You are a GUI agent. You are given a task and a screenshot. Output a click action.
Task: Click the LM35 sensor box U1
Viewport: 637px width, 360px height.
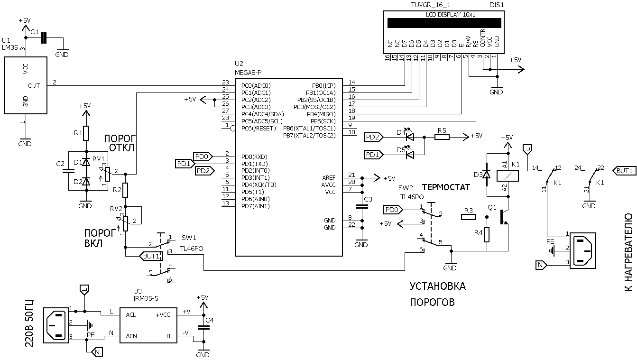point(25,85)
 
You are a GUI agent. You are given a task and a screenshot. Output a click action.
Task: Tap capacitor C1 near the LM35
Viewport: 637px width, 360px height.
point(44,37)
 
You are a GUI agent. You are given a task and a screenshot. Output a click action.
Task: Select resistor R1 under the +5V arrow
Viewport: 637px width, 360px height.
point(86,134)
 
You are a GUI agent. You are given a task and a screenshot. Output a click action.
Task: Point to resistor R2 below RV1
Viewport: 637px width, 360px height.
point(126,190)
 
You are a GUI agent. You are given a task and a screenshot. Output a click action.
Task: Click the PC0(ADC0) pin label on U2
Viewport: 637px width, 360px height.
point(256,85)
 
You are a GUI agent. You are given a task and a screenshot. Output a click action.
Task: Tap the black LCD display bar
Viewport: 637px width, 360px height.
point(444,23)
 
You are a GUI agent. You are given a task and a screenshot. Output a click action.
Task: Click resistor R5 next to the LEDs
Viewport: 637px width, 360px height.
point(442,137)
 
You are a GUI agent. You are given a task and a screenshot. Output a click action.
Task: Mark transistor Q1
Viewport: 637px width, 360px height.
point(504,217)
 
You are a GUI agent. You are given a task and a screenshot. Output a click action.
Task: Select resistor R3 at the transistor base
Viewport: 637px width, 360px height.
point(469,217)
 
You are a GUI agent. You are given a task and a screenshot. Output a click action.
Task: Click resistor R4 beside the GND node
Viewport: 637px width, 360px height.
point(487,235)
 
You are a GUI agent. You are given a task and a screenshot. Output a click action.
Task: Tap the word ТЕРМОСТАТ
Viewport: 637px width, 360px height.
point(446,187)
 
